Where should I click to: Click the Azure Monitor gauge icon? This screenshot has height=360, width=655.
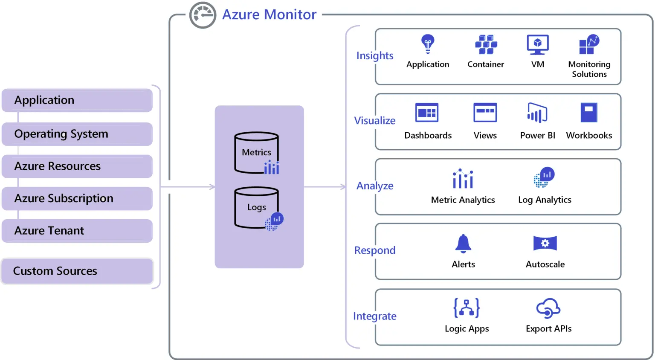coord(203,15)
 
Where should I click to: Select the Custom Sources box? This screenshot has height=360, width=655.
coord(77,271)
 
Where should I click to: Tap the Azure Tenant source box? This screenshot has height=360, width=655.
coord(77,231)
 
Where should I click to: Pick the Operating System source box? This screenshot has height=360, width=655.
coord(77,134)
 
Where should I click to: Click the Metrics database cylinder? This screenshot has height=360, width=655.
coord(256,153)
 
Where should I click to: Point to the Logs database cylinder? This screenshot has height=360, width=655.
coord(256,208)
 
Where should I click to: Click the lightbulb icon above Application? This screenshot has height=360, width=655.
coord(428,44)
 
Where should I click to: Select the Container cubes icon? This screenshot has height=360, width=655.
coord(486,45)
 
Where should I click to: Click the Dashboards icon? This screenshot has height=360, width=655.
coord(427,113)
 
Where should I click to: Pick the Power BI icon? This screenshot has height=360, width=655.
coord(537,113)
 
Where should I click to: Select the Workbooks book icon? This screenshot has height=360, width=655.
coord(589,113)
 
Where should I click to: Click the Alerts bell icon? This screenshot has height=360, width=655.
coord(463,244)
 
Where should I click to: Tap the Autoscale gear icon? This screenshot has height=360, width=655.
coord(545,244)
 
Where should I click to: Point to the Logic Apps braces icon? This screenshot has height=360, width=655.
coord(467,308)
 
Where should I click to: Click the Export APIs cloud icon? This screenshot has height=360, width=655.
coord(548,308)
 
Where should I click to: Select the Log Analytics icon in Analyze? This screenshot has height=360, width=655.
coord(544,177)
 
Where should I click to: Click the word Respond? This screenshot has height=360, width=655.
coord(375,250)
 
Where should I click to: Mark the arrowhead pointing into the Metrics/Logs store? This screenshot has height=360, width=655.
coord(212,187)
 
